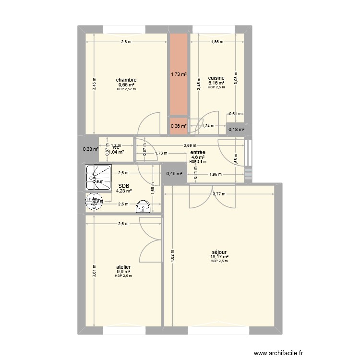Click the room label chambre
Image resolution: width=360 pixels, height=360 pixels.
(126, 80)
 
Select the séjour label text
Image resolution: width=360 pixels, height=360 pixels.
(219, 252)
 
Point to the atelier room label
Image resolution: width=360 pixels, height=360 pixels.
(124, 267)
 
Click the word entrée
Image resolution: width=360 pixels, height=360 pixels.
(198, 152)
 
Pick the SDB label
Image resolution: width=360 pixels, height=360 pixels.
(123, 186)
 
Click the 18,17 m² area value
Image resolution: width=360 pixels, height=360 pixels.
(219, 256)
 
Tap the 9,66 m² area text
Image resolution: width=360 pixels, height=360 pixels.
(126, 85)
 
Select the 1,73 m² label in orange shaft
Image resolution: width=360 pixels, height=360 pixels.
(179, 74)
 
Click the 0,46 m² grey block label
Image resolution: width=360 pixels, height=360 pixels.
(174, 173)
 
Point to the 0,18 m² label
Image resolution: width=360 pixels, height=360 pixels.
(236, 129)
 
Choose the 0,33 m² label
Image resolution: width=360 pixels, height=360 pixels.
(90, 149)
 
